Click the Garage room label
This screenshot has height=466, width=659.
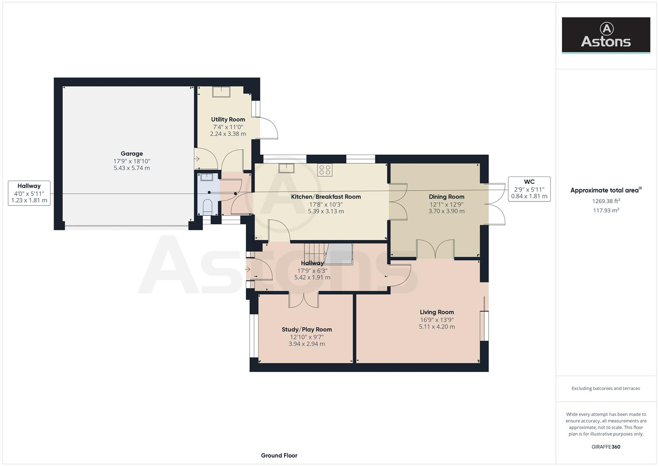[132, 154]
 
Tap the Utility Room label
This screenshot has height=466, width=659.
[228, 120]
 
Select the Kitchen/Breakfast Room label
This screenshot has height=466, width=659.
[326, 197]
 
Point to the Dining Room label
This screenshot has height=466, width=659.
[446, 197]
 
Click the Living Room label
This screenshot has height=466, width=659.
[437, 312]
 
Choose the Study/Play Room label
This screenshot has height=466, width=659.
[307, 329]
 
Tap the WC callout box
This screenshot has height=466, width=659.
[529, 189]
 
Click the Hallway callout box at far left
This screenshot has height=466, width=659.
[29, 193]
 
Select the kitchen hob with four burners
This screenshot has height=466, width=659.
[325, 170]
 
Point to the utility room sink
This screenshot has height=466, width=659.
[221, 92]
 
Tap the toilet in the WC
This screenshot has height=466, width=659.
[207, 207]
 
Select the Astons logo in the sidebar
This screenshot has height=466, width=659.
[605, 35]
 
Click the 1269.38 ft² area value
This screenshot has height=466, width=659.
[605, 201]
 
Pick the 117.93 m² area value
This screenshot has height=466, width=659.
[605, 211]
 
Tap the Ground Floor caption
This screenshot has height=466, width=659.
[279, 455]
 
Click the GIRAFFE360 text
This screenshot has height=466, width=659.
[605, 447]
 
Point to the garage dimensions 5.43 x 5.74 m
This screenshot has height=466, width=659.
[132, 168]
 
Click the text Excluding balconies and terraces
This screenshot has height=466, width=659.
[605, 388]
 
